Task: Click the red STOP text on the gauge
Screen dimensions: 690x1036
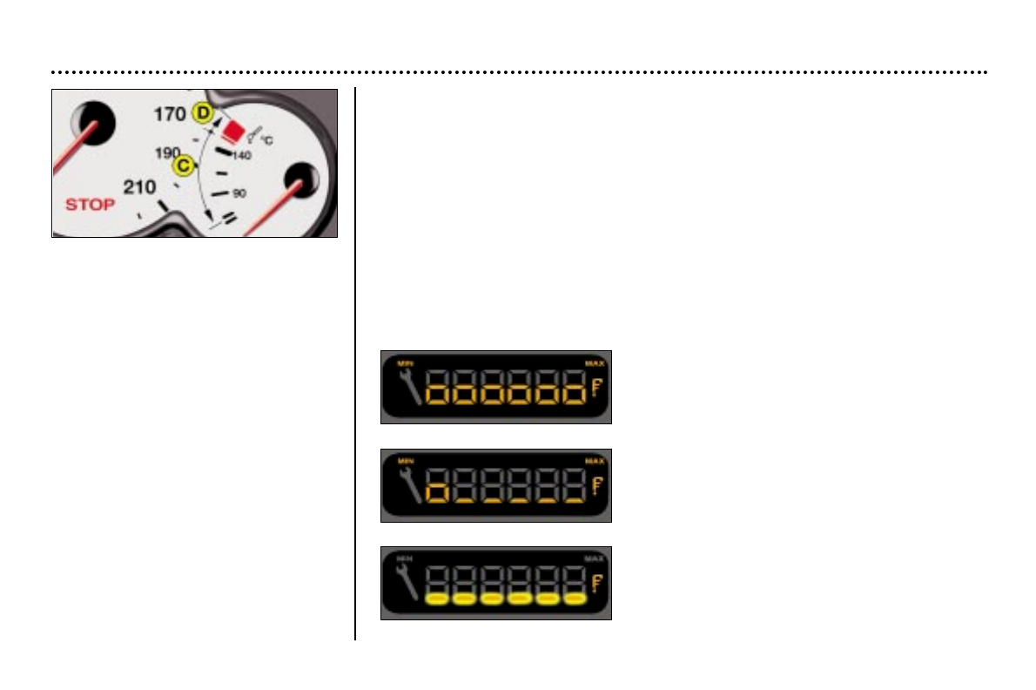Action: pyautogui.click(x=90, y=206)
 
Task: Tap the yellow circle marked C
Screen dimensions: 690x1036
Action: pyautogui.click(x=183, y=164)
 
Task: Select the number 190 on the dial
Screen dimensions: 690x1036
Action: pyautogui.click(x=167, y=152)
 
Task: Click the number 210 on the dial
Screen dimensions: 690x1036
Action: pyautogui.click(x=139, y=186)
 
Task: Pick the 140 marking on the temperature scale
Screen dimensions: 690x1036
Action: pyautogui.click(x=242, y=155)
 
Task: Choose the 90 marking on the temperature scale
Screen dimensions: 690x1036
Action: pyautogui.click(x=239, y=192)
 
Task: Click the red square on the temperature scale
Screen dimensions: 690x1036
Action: pyautogui.click(x=232, y=131)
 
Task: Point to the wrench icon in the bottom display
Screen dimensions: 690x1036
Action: pyautogui.click(x=409, y=583)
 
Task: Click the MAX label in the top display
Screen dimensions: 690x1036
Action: pyautogui.click(x=595, y=362)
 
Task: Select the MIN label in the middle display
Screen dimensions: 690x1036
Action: pyautogui.click(x=404, y=460)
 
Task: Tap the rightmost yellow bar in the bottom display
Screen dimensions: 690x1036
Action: pyautogui.click(x=574, y=599)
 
